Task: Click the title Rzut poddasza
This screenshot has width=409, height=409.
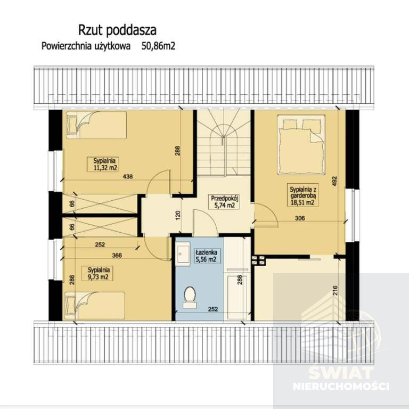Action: [117, 30]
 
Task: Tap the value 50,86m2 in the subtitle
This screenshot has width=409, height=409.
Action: [158, 46]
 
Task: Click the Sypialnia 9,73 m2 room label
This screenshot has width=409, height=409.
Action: [99, 273]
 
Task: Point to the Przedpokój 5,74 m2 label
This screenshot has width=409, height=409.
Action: [225, 202]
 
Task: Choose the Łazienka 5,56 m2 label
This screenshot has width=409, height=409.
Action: [206, 256]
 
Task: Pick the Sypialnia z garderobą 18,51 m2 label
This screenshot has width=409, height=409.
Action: [303, 195]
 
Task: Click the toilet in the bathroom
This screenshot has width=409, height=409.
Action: [190, 297]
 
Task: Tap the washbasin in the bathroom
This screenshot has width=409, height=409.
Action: [182, 253]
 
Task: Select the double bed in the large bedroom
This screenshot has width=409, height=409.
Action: [301, 144]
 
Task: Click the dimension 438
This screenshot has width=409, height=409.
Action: [128, 177]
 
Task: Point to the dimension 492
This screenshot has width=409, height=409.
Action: [334, 181]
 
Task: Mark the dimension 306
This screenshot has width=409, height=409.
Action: [300, 218]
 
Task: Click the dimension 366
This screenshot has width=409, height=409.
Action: [117, 256]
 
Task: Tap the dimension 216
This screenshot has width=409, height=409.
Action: [335, 290]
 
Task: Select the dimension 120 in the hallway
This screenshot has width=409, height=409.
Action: [178, 215]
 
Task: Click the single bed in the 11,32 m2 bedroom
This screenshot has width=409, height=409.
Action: [96, 125]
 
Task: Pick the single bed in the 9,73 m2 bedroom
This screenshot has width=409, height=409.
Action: [94, 306]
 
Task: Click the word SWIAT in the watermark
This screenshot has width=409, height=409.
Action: [341, 373]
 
